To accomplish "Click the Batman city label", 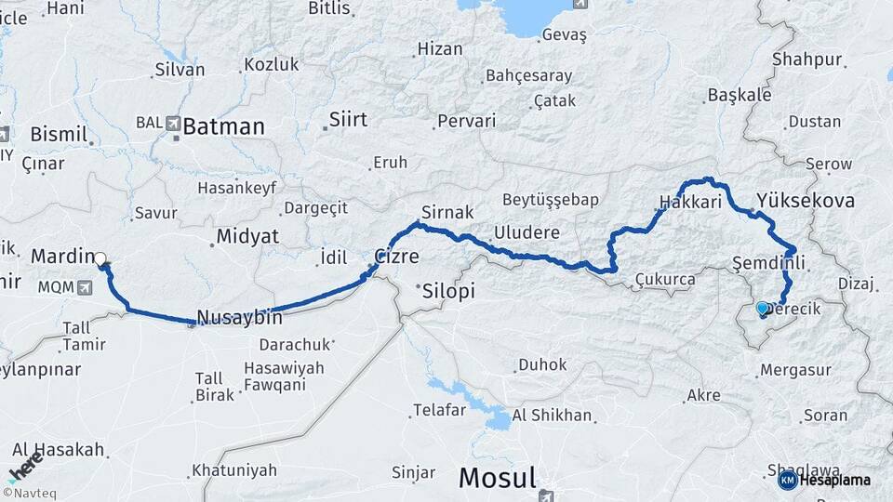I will click(x=223, y=127).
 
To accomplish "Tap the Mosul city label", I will click(x=498, y=479).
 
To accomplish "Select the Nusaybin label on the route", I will click(x=240, y=317).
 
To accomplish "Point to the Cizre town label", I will click(x=396, y=257).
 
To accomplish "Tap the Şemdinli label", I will click(x=768, y=262).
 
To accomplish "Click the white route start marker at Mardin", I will click(x=100, y=259).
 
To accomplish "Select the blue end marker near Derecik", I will click(x=763, y=308).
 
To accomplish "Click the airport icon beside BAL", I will click(x=174, y=123).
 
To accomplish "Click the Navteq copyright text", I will click(x=31, y=493).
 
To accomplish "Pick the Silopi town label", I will click(x=448, y=291).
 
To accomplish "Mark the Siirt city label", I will click(x=348, y=120).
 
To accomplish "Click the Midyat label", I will click(x=247, y=237).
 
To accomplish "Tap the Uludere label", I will click(x=526, y=232).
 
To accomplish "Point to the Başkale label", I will click(x=740, y=95).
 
